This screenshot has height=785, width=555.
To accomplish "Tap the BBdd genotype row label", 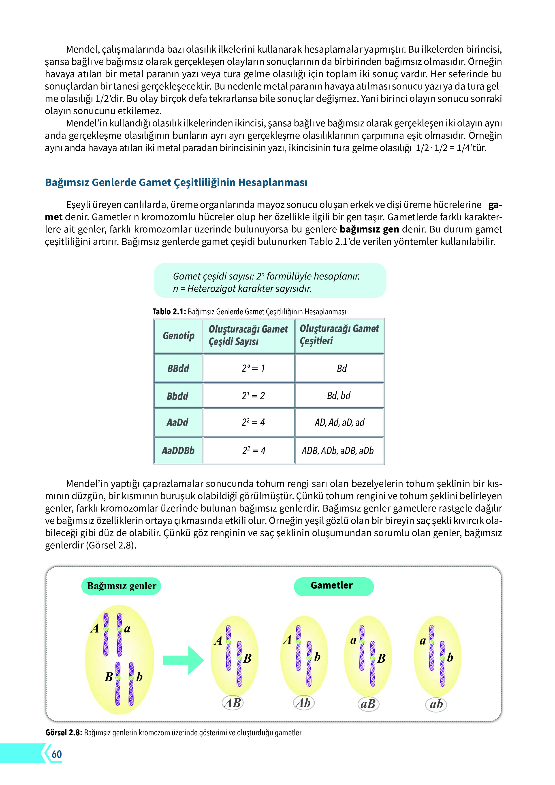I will (x=178, y=368).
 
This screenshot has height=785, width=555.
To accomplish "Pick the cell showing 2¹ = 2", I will (x=253, y=396).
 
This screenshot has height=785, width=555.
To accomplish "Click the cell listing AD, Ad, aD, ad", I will (x=339, y=422).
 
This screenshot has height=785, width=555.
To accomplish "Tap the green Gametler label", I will (x=332, y=586).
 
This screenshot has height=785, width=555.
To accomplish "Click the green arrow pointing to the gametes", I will (x=183, y=660).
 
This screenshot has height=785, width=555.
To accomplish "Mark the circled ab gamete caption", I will (x=436, y=704).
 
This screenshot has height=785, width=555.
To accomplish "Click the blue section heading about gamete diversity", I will (x=176, y=182).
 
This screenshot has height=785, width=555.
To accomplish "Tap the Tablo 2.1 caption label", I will (x=169, y=311).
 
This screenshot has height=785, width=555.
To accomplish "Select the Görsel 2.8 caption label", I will (x=64, y=733).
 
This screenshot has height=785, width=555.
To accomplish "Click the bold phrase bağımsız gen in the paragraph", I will (x=369, y=229).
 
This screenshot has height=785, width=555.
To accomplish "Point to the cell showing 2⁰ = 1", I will (x=253, y=368).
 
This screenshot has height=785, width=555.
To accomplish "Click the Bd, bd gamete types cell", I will (x=339, y=396).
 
